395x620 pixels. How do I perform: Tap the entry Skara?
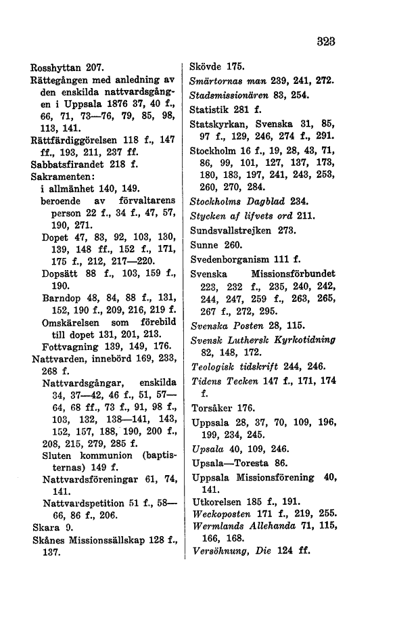[45, 526]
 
